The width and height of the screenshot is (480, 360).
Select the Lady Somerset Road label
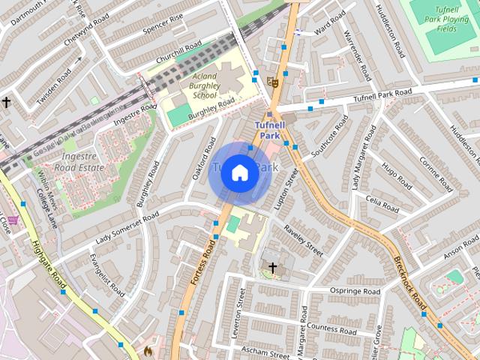point(127,227)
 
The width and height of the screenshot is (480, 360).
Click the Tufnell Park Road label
point(382,95)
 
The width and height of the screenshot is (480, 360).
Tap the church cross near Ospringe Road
point(272,268)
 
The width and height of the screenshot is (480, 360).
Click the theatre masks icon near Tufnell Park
point(275,82)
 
